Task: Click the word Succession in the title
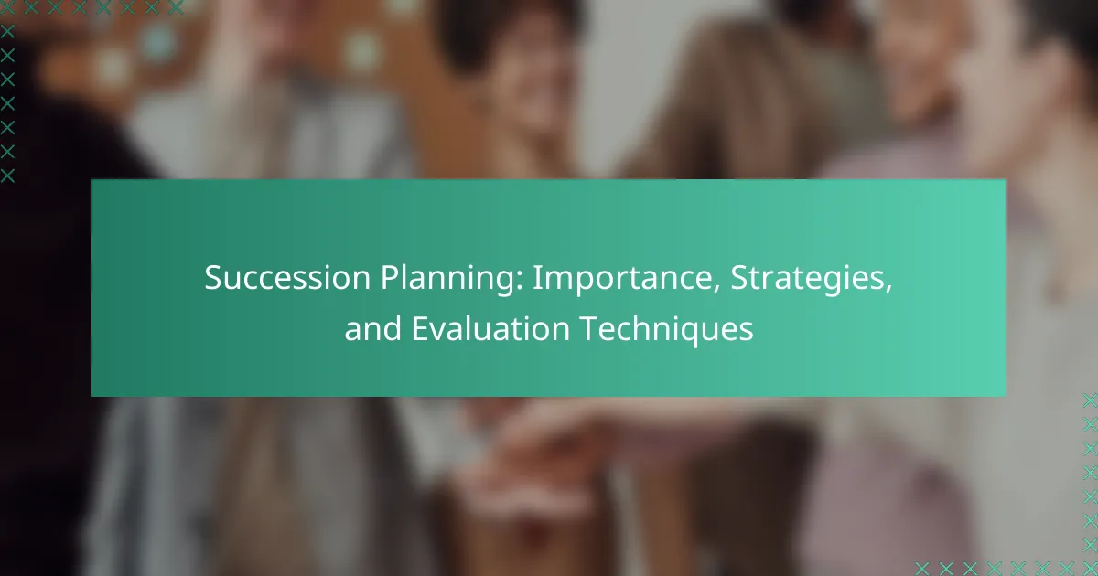pyautogui.click(x=287, y=278)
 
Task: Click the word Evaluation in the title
pyautogui.click(x=490, y=328)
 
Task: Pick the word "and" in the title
pyautogui.click(x=372, y=328)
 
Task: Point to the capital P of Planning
pyautogui.click(x=390, y=278)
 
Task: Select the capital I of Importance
pyautogui.click(x=537, y=278)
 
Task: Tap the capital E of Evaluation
pyautogui.click(x=420, y=328)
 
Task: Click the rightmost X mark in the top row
pyautogui.click(x=175, y=7)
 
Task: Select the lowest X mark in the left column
pyautogui.click(x=7, y=176)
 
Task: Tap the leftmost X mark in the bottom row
pyautogui.click(x=922, y=569)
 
